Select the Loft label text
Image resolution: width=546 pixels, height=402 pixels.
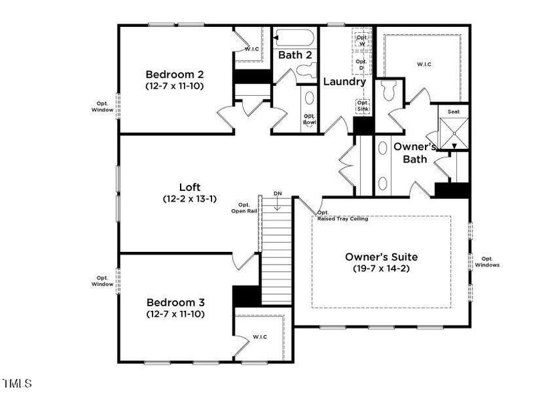(189, 188)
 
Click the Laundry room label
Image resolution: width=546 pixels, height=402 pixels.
(345, 82)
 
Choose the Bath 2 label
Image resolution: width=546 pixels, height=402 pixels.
(295, 55)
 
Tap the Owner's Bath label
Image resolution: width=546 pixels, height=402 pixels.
(415, 152)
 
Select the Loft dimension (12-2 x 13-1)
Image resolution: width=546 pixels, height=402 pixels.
(189, 199)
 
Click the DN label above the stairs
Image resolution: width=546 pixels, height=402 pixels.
(278, 194)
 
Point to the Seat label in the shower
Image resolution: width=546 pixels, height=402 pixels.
(453, 112)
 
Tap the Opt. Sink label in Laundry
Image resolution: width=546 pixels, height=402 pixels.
(363, 107)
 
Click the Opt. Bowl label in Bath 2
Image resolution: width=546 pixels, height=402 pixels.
(310, 119)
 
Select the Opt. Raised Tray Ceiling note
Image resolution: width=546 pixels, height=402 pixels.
(341, 216)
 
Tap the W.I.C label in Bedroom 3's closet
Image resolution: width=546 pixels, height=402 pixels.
(260, 336)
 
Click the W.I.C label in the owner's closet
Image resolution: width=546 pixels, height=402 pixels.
(424, 64)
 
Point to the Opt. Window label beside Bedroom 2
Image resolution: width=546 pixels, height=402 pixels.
(102, 106)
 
